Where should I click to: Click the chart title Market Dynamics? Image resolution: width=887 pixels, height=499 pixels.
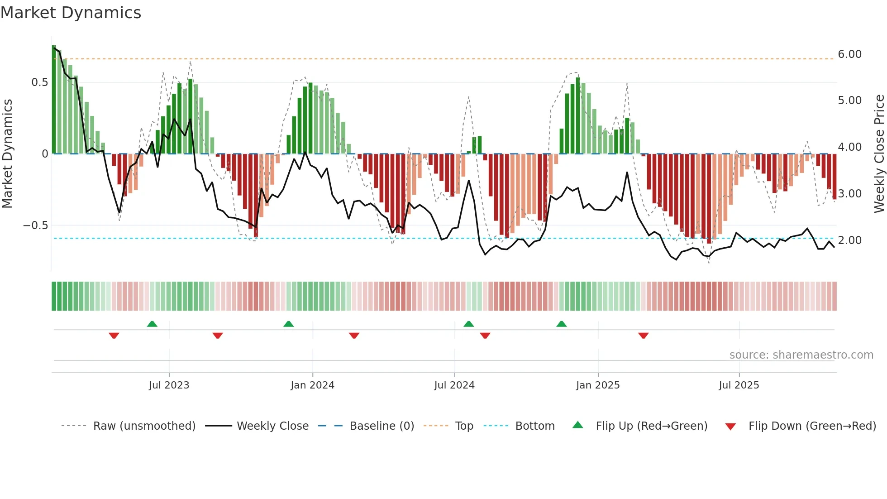[x=71, y=13]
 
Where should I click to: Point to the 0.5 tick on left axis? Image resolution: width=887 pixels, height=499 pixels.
[x=39, y=82]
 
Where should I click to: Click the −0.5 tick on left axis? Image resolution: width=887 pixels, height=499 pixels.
[x=35, y=226]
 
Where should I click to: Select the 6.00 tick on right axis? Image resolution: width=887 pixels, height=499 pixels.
[x=849, y=54]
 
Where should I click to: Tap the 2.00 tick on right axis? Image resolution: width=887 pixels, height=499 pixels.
[x=849, y=240]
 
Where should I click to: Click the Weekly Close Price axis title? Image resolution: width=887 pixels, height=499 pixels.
[x=879, y=154]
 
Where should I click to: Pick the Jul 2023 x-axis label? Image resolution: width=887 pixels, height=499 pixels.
[x=169, y=385]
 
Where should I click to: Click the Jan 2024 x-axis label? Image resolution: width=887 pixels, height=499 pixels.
[x=312, y=385]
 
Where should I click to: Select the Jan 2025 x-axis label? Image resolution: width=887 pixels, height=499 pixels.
[x=597, y=385]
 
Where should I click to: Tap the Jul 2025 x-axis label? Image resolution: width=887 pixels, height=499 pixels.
[x=739, y=385]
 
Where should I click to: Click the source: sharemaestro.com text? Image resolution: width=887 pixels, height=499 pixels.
[x=801, y=355]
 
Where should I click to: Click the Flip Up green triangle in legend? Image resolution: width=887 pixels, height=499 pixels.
[x=578, y=425]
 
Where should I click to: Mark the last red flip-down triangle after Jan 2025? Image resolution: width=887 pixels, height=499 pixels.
[x=643, y=336]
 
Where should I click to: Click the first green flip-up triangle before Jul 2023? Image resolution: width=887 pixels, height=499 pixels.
[x=152, y=324]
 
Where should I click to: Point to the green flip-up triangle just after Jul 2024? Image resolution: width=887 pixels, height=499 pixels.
[x=468, y=324]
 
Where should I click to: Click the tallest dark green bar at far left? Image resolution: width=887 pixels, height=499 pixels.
[x=54, y=100]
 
